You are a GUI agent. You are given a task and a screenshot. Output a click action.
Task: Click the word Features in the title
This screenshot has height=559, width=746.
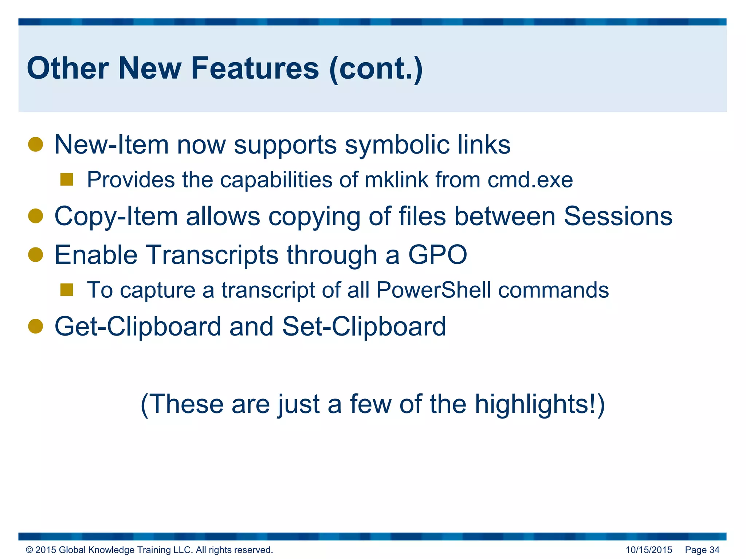(x=255, y=68)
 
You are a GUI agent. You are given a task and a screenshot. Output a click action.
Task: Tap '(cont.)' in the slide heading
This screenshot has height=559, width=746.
(x=376, y=69)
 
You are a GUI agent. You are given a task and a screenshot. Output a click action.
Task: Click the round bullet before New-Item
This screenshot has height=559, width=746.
(x=36, y=144)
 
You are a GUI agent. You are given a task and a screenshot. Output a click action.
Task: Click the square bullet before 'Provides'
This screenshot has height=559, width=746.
(x=67, y=179)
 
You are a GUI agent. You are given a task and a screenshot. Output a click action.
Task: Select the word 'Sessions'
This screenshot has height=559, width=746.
(x=618, y=216)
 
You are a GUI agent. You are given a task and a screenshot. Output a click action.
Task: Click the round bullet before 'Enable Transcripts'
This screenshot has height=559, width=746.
(x=36, y=255)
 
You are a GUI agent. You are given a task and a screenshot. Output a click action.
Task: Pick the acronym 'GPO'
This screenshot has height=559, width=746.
(x=437, y=255)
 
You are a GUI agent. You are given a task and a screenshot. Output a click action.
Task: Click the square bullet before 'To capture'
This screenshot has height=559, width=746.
(x=67, y=290)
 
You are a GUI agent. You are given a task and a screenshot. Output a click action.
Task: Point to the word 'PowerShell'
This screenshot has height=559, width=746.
(x=433, y=290)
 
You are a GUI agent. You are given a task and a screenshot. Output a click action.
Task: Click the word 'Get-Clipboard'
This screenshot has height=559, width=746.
(x=138, y=326)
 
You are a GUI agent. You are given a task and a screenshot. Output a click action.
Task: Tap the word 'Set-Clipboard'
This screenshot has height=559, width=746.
(x=364, y=326)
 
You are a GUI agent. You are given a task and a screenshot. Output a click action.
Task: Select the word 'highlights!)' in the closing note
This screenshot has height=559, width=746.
(x=539, y=405)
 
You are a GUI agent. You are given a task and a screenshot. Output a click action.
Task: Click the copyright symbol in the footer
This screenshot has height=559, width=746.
(x=30, y=550)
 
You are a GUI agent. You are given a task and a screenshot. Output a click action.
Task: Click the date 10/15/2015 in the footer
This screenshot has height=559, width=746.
(x=649, y=550)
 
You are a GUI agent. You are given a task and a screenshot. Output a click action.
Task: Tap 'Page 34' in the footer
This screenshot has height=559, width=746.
(x=702, y=550)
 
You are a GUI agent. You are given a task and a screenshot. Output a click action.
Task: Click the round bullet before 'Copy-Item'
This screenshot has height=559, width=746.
(x=36, y=216)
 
